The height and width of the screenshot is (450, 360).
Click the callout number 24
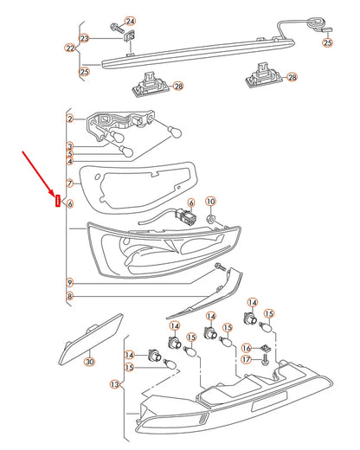click(x=130, y=21)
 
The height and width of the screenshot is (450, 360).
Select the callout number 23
click(x=84, y=38)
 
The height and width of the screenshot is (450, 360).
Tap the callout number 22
click(x=70, y=48)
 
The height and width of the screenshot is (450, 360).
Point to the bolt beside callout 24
click(x=117, y=28)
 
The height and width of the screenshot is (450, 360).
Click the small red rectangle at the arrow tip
click(x=58, y=201)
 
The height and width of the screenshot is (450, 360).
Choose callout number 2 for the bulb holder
click(x=70, y=119)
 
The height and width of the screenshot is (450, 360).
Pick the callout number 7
click(x=70, y=183)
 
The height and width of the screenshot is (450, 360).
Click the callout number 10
click(x=210, y=201)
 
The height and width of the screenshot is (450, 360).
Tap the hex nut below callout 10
click(x=211, y=220)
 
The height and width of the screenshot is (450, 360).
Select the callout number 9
click(x=69, y=282)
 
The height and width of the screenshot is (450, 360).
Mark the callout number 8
click(x=69, y=296)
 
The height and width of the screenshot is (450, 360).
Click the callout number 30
click(x=90, y=362)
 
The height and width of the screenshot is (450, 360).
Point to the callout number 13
click(x=115, y=384)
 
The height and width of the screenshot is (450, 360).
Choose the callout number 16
click(x=246, y=348)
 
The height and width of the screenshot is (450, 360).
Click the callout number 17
click(x=246, y=359)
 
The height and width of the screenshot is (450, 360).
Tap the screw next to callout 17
click(x=265, y=360)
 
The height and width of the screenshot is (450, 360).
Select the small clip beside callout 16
click(x=266, y=348)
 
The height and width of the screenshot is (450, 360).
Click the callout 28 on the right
click(x=292, y=77)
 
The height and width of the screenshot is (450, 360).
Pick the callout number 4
click(x=70, y=161)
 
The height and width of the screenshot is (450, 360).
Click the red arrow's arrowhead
click(x=51, y=192)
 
